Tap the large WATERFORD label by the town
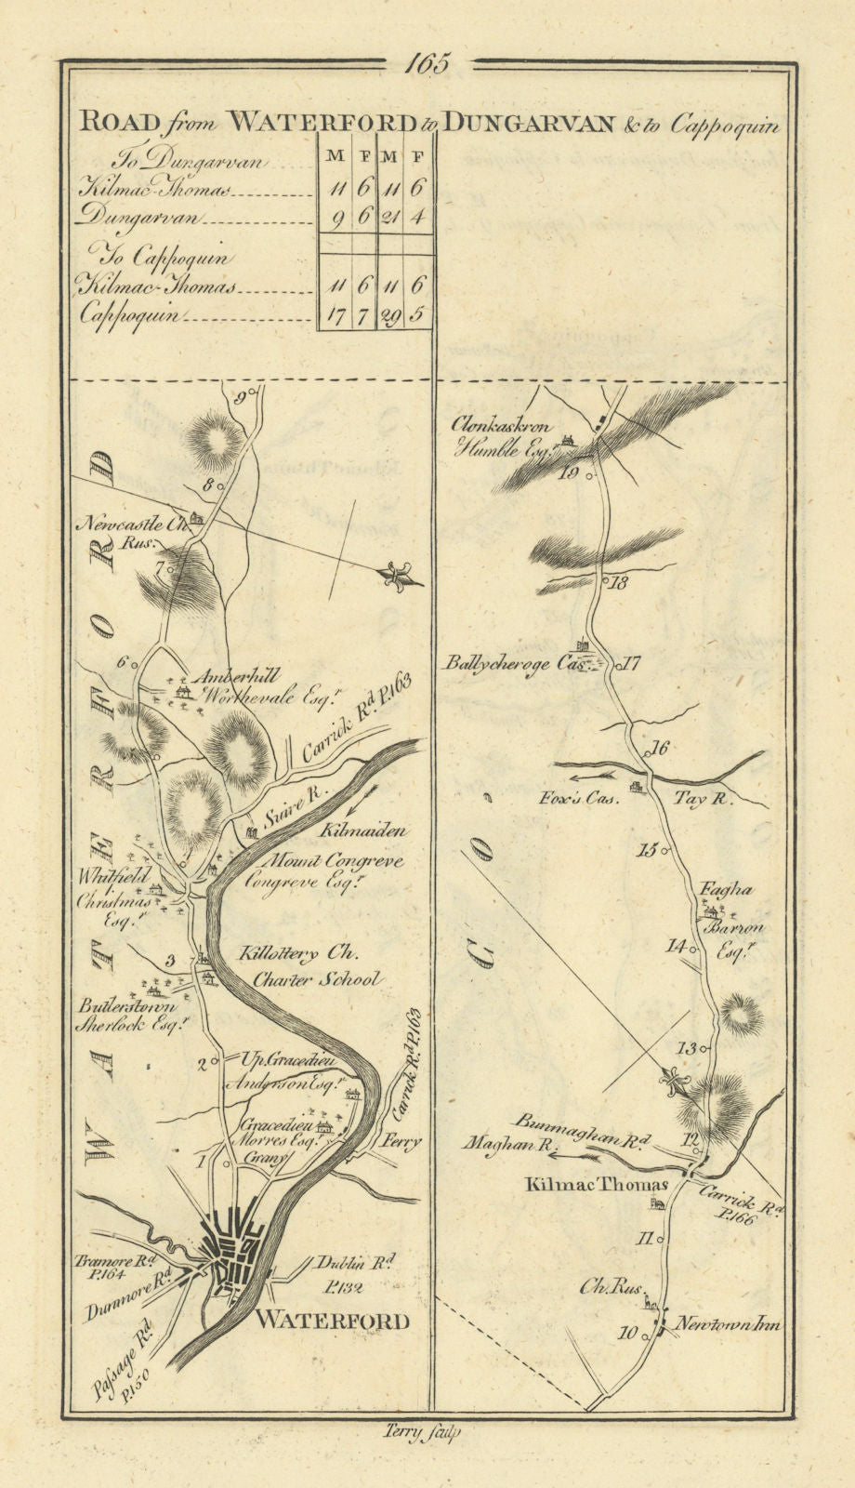pos(332,1321)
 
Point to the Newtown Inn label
pos(728,1323)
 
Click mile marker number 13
pos(687,1048)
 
